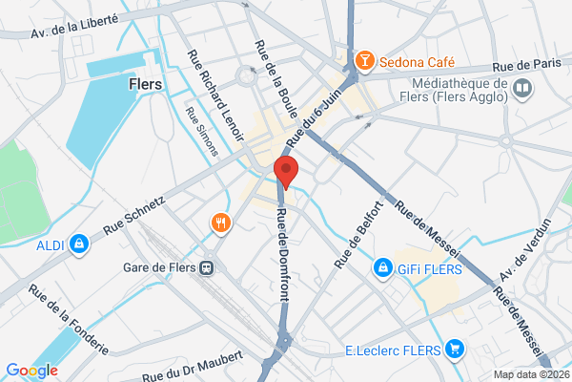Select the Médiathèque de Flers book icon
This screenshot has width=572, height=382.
[x=521, y=90]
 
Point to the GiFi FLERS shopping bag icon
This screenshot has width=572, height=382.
[x=383, y=268]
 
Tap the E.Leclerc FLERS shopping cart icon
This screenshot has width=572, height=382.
[x=455, y=349]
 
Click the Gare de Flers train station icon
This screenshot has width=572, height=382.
[x=205, y=268]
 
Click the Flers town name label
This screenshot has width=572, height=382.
[x=145, y=83]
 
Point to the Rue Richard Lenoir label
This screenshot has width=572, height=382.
[x=215, y=90]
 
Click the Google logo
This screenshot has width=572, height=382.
[x=31, y=371]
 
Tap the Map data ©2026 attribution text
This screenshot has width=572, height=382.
[x=529, y=373]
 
